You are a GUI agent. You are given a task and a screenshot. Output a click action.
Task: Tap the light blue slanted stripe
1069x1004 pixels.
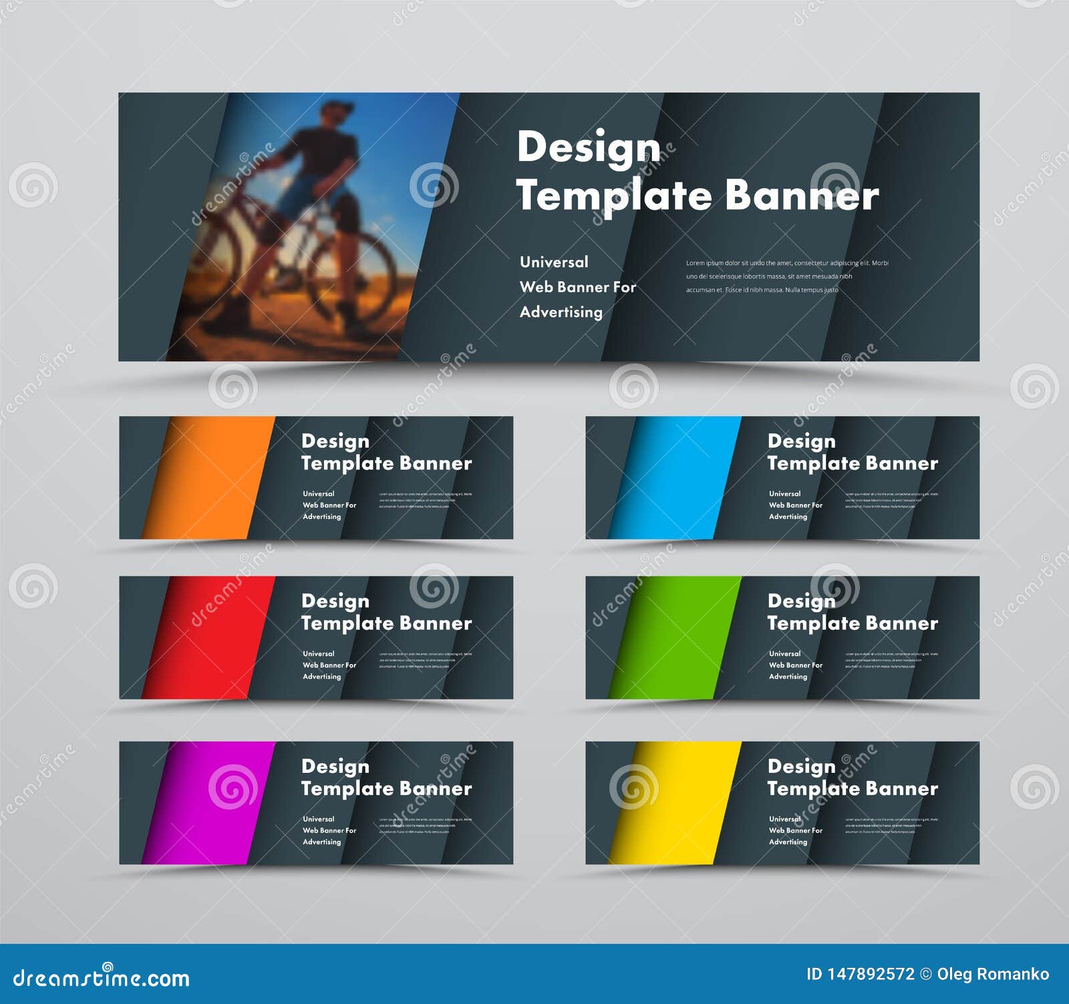(x=675, y=478)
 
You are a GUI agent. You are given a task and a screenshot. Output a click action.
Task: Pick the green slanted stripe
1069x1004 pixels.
(x=675, y=637)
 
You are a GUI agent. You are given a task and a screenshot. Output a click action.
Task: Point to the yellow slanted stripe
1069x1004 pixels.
(x=675, y=802)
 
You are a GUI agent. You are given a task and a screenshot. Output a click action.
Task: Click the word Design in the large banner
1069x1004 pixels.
(x=589, y=148)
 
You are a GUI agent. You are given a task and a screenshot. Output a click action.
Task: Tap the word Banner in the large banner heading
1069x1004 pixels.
(x=802, y=196)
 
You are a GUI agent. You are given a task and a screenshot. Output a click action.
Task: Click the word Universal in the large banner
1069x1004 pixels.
(x=554, y=262)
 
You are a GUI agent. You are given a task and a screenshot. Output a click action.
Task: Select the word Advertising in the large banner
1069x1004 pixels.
(x=561, y=312)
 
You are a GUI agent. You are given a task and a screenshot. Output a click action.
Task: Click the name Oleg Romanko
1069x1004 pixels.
(x=993, y=974)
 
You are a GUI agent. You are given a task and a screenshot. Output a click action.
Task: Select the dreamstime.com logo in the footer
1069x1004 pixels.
(x=102, y=978)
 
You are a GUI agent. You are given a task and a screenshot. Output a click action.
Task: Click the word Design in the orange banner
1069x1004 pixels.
(x=335, y=441)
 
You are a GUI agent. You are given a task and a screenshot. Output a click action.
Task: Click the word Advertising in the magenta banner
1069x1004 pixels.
(x=321, y=842)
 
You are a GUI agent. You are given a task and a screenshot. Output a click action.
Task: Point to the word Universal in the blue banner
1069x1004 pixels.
(x=784, y=494)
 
